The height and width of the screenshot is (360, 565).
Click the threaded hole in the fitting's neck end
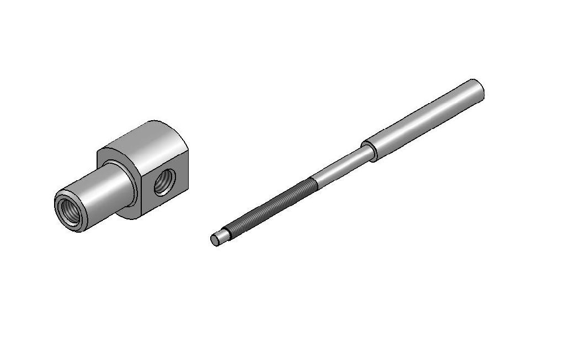coord(70,210)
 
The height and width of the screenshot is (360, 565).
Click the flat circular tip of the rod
coord(215,240)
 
